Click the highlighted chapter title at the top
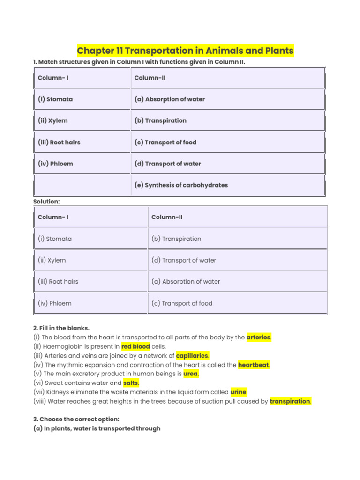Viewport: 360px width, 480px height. click(185, 51)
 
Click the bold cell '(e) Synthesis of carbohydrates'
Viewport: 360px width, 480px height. click(181, 185)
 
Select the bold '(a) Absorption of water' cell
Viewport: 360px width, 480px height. click(170, 99)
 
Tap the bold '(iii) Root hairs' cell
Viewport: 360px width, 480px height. click(59, 142)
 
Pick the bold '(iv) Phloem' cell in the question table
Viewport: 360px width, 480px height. click(55, 164)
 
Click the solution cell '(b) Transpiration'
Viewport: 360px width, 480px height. click(176, 239)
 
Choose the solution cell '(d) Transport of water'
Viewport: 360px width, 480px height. click(184, 261)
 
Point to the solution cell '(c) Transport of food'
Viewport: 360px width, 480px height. click(182, 304)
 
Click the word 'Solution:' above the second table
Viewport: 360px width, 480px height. click(47, 202)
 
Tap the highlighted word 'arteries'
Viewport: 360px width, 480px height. click(259, 337)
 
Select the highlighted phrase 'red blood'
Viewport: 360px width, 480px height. click(135, 347)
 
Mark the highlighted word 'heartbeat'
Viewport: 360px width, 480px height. click(254, 365)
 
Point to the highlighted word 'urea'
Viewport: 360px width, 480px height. click(191, 374)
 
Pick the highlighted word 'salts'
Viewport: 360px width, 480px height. click(131, 383)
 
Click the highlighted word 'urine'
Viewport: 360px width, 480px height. click(239, 392)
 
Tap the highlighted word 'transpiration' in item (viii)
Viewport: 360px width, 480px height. click(290, 402)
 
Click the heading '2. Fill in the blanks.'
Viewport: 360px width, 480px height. click(61, 328)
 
